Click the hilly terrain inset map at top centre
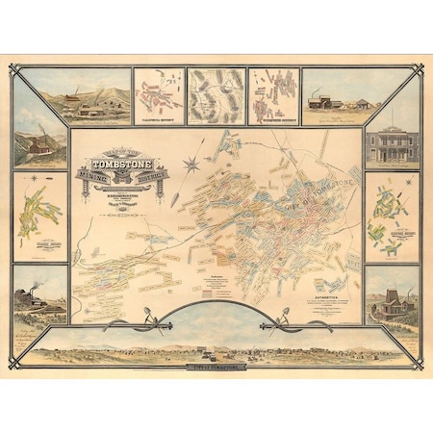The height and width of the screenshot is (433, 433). [x=216, y=94]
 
